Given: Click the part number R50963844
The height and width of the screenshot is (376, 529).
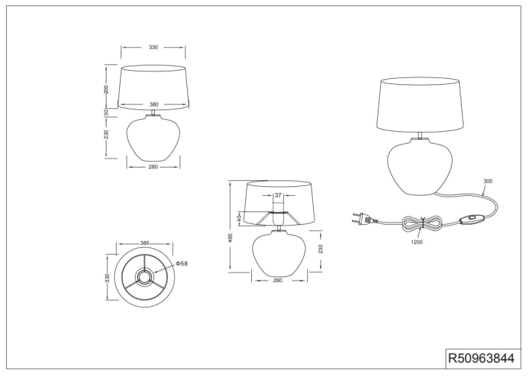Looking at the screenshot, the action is [x=481, y=358].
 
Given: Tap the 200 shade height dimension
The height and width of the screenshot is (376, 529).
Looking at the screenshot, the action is [x=107, y=89].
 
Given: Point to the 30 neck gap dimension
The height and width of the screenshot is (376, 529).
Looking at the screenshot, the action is [x=106, y=112].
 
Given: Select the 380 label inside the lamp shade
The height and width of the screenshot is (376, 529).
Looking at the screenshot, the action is [x=153, y=104].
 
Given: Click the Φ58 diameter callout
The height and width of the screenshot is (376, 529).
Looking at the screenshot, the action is [x=182, y=264].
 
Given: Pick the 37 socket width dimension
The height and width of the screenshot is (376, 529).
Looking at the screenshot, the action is [x=278, y=195].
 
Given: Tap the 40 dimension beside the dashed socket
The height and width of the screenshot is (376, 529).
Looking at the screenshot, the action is [x=239, y=218].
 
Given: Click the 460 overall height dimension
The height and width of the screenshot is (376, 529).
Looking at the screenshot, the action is [x=231, y=238].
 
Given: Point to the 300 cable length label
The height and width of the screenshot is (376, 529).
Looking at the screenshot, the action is [x=488, y=181].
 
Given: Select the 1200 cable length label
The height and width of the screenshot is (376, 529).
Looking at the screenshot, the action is [x=416, y=242].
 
